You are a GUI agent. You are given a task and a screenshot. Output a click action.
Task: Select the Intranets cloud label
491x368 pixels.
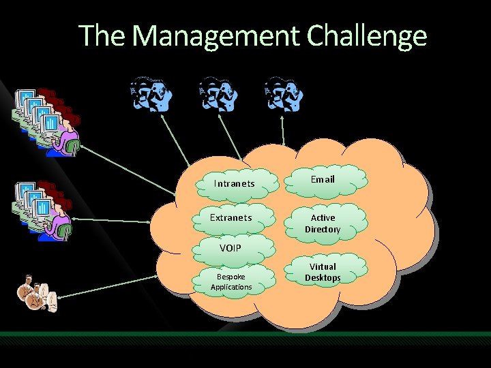pyautogui.click(x=234, y=183)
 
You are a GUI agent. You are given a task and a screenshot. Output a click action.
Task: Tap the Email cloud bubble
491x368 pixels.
pyautogui.click(x=323, y=179)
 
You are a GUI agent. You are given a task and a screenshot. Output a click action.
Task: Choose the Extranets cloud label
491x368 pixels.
pyautogui.click(x=230, y=217)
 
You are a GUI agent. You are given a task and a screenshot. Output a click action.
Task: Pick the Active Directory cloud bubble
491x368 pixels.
pyautogui.click(x=323, y=224)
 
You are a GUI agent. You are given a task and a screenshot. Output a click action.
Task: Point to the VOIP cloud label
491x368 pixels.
pyautogui.click(x=230, y=247)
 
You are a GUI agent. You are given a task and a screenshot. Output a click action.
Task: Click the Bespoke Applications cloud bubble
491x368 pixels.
pyautogui.click(x=230, y=282)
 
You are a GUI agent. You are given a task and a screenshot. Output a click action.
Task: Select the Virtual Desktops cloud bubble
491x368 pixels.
pyautogui.click(x=323, y=272)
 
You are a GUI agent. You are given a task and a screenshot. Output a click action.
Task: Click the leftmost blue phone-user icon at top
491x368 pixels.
pyautogui.click(x=151, y=93)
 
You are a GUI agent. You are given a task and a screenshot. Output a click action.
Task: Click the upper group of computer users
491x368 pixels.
pyautogui.click(x=46, y=119)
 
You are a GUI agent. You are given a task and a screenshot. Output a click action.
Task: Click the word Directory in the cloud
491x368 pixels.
pyautogui.click(x=323, y=230)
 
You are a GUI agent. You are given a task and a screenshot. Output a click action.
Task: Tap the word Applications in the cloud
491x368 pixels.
pyautogui.click(x=230, y=287)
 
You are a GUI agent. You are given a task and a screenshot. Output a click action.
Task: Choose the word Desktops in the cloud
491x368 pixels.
pyautogui.click(x=323, y=278)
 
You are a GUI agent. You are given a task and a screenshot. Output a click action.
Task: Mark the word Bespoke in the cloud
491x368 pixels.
pyautogui.click(x=230, y=277)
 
